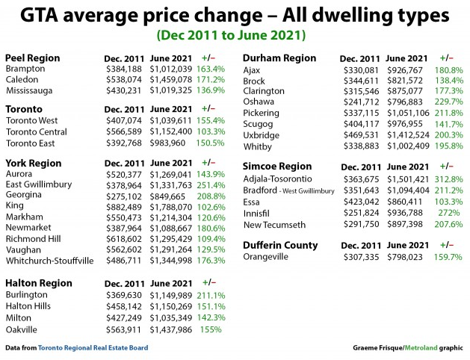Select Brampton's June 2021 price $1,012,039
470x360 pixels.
(x=172, y=69)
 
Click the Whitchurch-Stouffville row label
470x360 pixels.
(x=50, y=261)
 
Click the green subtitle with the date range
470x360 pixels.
(x=235, y=34)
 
